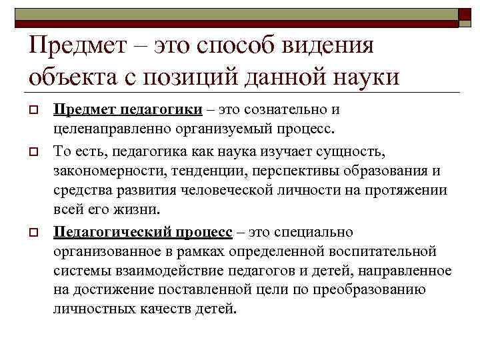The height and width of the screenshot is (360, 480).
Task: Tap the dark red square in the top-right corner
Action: [x=464, y=15]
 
